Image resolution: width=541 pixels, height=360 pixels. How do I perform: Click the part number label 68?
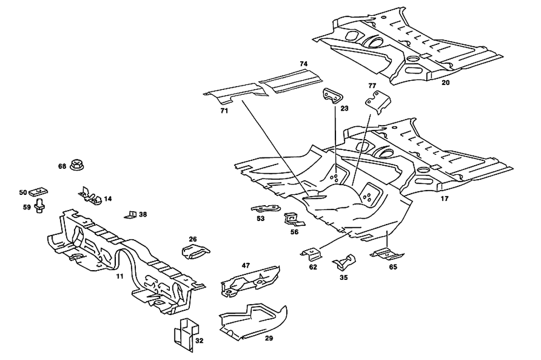(62, 166)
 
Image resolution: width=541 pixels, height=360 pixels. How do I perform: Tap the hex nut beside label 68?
(77, 165)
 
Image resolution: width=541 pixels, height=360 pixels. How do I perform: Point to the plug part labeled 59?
(39, 206)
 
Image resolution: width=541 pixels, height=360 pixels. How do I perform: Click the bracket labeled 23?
(332, 96)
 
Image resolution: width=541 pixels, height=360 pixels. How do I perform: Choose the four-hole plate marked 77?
(375, 103)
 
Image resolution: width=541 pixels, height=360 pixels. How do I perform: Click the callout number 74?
(304, 64)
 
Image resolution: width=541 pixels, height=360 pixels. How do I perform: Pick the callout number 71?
(224, 111)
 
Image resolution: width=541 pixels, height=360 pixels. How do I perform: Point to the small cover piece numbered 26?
(195, 251)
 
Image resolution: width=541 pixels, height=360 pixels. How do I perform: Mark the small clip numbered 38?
(131, 214)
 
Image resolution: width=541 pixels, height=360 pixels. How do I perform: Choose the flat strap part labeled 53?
(266, 209)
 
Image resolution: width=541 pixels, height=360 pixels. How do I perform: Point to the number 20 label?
(445, 83)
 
